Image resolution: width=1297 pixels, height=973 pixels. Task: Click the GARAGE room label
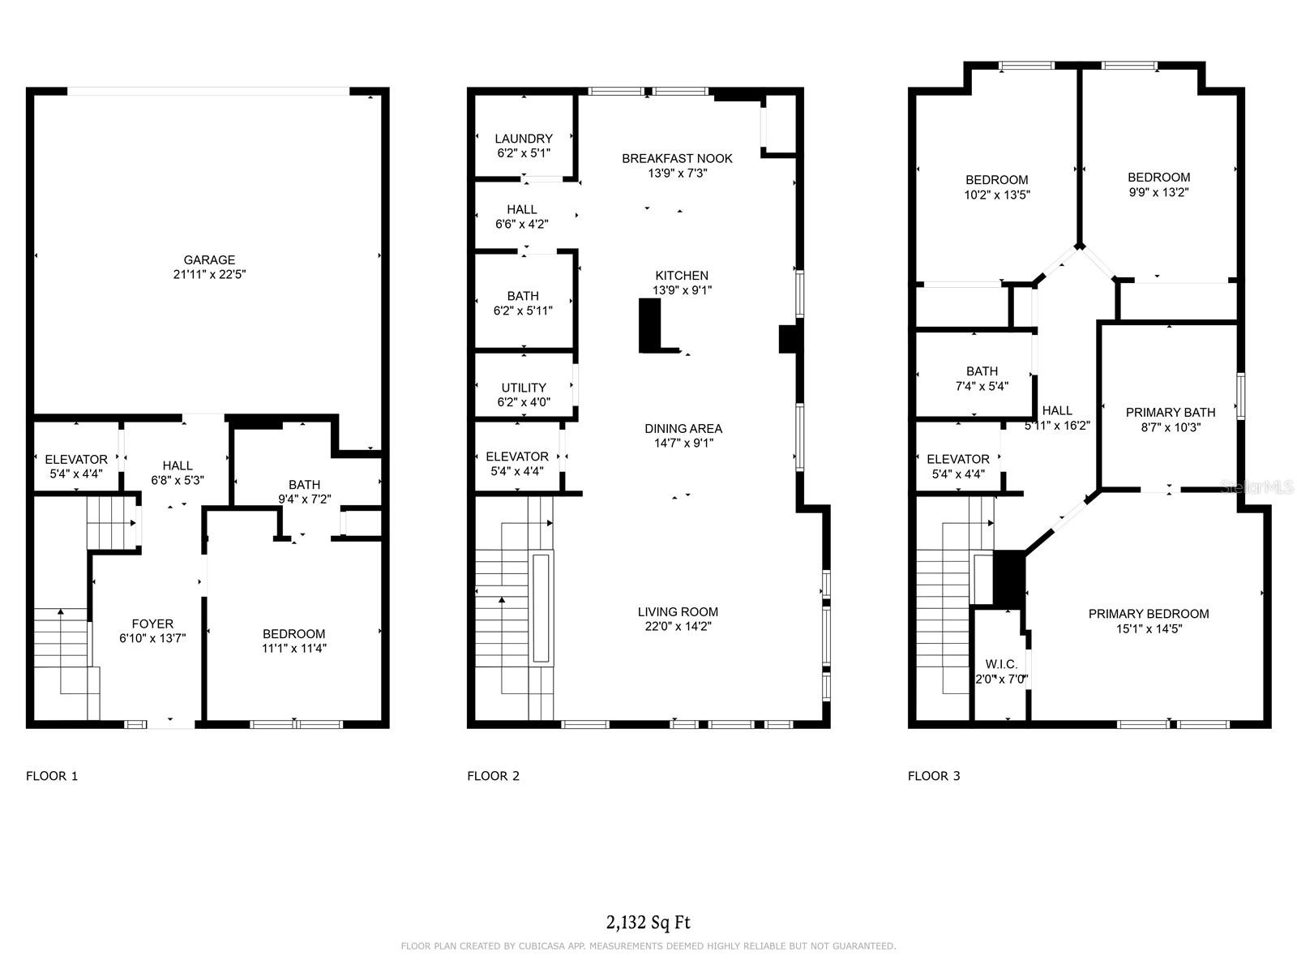click(x=209, y=260)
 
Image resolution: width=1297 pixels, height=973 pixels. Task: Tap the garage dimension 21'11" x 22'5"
click(x=209, y=274)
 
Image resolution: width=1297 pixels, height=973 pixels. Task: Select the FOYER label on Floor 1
click(x=152, y=624)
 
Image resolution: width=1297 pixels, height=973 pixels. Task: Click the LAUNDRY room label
click(x=524, y=139)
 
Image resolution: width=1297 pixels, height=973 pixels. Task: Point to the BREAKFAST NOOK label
click(x=677, y=158)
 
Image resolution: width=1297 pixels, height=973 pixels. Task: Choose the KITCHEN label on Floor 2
click(x=682, y=276)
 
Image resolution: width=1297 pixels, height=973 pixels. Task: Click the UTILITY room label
click(x=524, y=388)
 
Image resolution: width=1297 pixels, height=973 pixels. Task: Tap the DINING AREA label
click(x=683, y=428)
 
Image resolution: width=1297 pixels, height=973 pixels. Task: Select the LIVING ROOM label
click(x=678, y=612)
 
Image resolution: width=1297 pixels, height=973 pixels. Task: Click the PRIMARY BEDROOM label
click(x=1149, y=614)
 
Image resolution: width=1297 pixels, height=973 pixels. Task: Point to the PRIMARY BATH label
click(x=1171, y=413)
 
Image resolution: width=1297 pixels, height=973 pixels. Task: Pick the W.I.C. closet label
click(x=1001, y=665)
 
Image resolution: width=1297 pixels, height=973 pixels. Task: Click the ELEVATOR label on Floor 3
click(x=958, y=459)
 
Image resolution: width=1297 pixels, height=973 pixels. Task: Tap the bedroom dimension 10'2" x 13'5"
click(x=997, y=195)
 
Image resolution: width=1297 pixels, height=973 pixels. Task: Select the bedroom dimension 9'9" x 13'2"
click(x=1158, y=192)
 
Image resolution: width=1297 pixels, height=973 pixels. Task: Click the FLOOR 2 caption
click(x=494, y=776)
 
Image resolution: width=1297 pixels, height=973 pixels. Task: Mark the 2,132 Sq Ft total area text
click(x=648, y=922)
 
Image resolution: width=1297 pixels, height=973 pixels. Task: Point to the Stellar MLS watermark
click(x=1256, y=486)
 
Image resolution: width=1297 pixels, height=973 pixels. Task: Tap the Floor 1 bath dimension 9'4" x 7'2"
click(x=304, y=499)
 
